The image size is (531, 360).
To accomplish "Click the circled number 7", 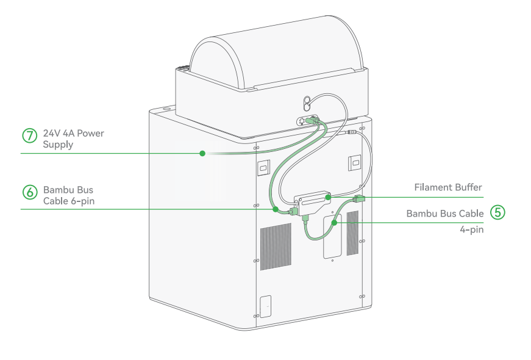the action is pos(30,135).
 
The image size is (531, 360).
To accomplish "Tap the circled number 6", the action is pos(30,192).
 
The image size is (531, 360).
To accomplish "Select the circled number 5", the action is pos(497,212).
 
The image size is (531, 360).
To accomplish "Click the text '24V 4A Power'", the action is pos(74,133).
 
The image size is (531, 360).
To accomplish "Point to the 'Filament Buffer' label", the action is pos(447,187).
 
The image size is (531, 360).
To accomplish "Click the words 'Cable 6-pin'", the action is pos(69,201).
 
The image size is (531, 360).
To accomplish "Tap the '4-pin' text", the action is pos(471,229).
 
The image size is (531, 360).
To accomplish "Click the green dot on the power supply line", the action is pos(202,154).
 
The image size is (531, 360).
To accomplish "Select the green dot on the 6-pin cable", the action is pos(276,209).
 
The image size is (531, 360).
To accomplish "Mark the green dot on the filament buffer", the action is pos(328,197).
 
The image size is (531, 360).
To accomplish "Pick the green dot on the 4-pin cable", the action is pos(334,223).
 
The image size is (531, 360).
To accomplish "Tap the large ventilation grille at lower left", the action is pos(276,247).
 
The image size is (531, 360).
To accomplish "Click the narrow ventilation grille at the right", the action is pos(352,233).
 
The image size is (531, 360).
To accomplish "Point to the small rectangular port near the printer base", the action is pos(266,306).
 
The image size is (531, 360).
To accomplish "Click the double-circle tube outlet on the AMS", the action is pos(307,104).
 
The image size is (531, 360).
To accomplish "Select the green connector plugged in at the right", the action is pos(358,199).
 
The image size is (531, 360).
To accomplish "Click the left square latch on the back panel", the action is pos(264,167).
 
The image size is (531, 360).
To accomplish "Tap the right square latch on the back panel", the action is pos(355,163).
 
